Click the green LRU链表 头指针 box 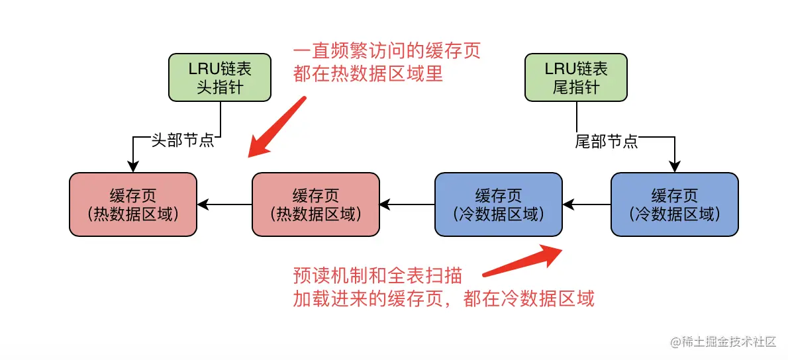pyautogui.click(x=220, y=77)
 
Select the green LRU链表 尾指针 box pyautogui.click(x=576, y=77)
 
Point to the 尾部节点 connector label pyautogui.click(x=607, y=141)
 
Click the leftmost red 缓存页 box pyautogui.click(x=133, y=204)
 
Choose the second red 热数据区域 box pyautogui.click(x=315, y=204)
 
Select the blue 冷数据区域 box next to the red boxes pyautogui.click(x=498, y=204)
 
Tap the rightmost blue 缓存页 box pyautogui.click(x=674, y=204)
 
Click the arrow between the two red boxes pyautogui.click(x=225, y=204)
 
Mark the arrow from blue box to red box pyautogui.click(x=407, y=204)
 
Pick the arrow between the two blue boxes pyautogui.click(x=585, y=204)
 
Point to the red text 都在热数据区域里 pyautogui.click(x=368, y=73)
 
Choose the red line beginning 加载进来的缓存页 pyautogui.click(x=444, y=298)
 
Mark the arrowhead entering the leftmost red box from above pyautogui.click(x=133, y=167)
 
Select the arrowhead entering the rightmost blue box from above pyautogui.click(x=674, y=167)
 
